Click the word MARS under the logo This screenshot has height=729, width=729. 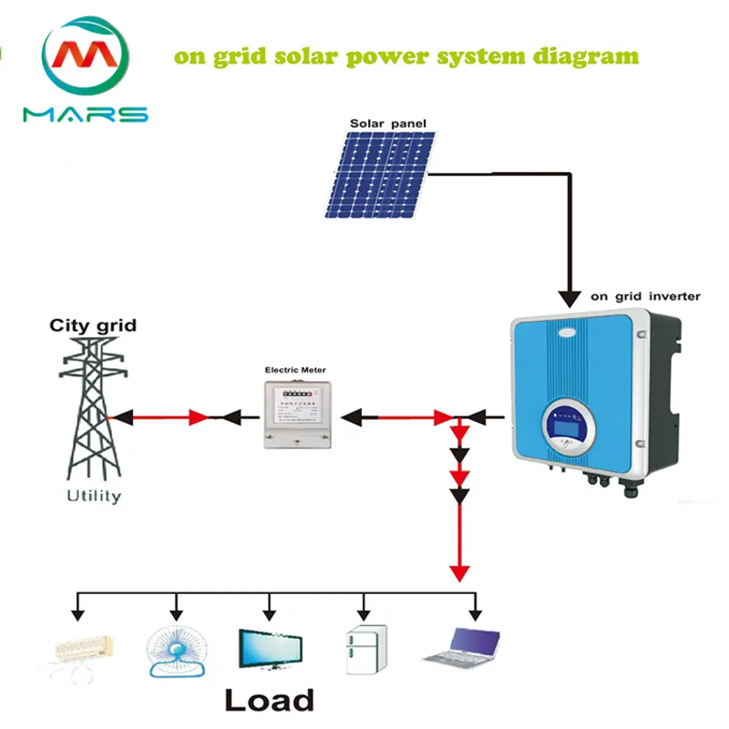(x=85, y=115)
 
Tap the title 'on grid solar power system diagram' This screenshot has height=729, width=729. (x=406, y=56)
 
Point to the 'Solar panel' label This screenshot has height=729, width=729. (x=388, y=123)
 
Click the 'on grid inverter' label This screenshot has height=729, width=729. (x=645, y=296)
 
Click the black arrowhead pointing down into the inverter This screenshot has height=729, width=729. (x=570, y=298)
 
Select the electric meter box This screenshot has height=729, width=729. (x=294, y=415)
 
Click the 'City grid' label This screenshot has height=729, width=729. (x=93, y=325)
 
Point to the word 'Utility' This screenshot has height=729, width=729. (x=93, y=497)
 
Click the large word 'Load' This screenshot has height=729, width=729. (x=269, y=700)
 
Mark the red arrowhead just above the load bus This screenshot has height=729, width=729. (x=460, y=573)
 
